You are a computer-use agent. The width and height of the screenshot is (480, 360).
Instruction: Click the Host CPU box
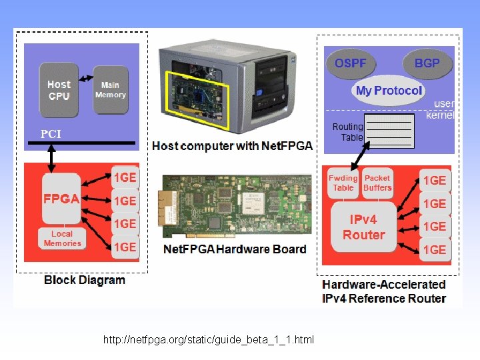(59, 90)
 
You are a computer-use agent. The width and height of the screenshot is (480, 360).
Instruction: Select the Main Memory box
(110, 90)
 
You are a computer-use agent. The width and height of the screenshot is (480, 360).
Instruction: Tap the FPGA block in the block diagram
(61, 199)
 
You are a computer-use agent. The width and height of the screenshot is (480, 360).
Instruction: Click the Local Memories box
(62, 239)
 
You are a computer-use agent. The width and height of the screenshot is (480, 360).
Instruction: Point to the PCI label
(51, 134)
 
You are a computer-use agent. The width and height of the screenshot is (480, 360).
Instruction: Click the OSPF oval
(350, 63)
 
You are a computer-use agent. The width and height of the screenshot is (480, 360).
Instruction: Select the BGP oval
(427, 63)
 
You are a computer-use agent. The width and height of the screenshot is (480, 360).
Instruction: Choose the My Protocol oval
(389, 91)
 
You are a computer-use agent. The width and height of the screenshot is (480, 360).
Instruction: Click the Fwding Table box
(343, 183)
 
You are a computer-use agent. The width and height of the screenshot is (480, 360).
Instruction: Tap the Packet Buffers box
(377, 183)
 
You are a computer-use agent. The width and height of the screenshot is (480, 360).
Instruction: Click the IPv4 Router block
(363, 227)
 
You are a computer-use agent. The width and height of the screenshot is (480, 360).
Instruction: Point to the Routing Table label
(348, 132)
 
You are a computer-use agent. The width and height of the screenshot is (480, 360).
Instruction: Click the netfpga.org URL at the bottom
(208, 340)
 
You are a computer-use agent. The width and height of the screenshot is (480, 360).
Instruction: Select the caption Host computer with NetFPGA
(232, 146)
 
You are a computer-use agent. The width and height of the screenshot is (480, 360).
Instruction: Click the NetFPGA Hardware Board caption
(235, 249)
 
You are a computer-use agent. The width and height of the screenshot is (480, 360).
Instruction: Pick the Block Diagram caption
(84, 280)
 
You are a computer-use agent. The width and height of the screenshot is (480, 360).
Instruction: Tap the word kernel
(440, 115)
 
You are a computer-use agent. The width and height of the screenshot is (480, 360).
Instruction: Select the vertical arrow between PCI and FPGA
(51, 157)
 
